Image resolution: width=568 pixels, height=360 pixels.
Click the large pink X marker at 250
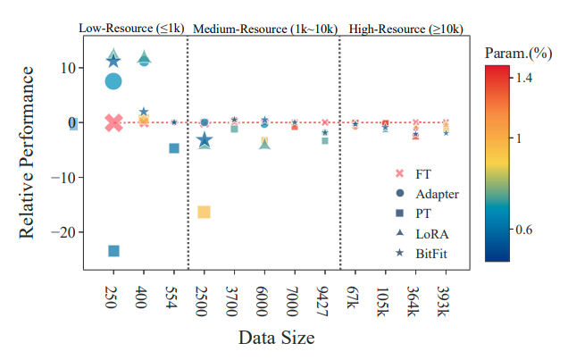click(113, 122)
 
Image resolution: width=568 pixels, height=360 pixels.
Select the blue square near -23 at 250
click(113, 251)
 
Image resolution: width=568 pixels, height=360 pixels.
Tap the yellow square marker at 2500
click(204, 212)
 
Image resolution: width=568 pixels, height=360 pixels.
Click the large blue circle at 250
click(113, 81)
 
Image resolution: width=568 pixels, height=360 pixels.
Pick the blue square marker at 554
click(174, 148)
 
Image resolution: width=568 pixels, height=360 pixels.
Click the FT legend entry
click(423, 173)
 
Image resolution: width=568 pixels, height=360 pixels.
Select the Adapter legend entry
click(439, 194)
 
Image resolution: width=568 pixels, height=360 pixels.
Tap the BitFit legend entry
click(432, 255)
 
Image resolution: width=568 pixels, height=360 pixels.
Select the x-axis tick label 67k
click(355, 297)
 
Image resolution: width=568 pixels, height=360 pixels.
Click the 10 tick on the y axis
click(64, 68)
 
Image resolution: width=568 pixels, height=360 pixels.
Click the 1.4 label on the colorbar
click(525, 79)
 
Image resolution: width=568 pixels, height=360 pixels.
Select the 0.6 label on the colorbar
click(525, 230)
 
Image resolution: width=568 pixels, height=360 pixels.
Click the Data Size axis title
click(276, 339)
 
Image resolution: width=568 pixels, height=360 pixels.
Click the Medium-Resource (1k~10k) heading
click(263, 29)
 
